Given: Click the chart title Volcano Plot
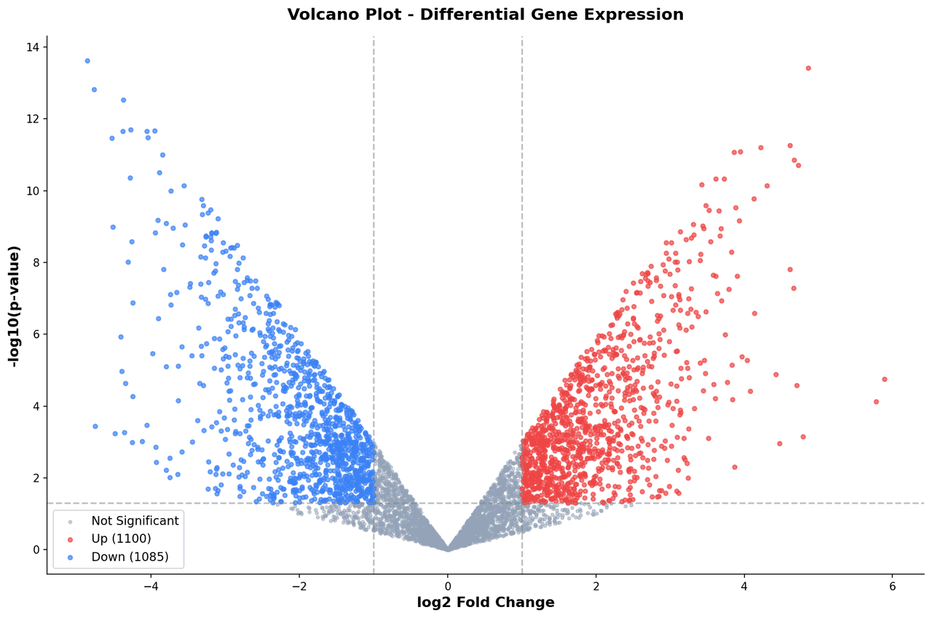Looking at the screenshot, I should (485, 15).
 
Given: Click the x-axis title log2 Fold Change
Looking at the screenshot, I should (485, 603).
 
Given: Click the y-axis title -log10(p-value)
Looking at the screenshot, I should (14, 305).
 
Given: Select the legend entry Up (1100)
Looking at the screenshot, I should (121, 539).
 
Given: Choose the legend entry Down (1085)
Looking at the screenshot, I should (130, 557).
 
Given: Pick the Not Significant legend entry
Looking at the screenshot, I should (135, 521).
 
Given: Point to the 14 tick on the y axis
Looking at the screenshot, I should (33, 47).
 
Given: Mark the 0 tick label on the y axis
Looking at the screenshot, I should (36, 549).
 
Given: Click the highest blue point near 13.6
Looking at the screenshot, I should (87, 61).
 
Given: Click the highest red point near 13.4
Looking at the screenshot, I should (808, 69).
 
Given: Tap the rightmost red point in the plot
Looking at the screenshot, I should (885, 379).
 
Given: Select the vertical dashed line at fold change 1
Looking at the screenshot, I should (522, 219).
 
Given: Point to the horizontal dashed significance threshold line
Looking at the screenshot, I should (655, 503).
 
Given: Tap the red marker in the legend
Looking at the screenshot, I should (70, 539).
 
